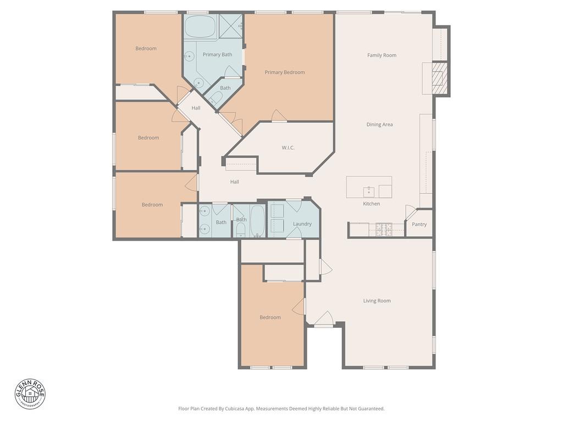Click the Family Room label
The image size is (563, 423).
(382, 55)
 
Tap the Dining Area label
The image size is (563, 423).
(379, 124)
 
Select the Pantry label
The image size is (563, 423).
(419, 224)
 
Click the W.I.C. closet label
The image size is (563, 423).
(288, 148)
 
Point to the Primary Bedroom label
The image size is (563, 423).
(284, 72)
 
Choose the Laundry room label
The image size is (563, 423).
(302, 224)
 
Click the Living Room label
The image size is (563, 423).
(377, 301)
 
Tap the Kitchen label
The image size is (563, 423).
(371, 204)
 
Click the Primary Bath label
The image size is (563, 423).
(217, 55)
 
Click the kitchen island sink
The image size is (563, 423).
(369, 191)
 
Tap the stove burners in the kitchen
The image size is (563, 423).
(383, 229)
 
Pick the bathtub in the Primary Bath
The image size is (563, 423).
(200, 26)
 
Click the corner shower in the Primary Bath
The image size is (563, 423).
(231, 25)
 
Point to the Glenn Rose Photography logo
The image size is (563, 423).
(30, 394)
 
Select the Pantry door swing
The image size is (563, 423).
(411, 212)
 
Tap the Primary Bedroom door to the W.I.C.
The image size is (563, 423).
(279, 115)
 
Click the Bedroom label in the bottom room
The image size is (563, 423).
(270, 317)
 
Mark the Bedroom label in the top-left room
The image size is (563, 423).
(146, 48)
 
